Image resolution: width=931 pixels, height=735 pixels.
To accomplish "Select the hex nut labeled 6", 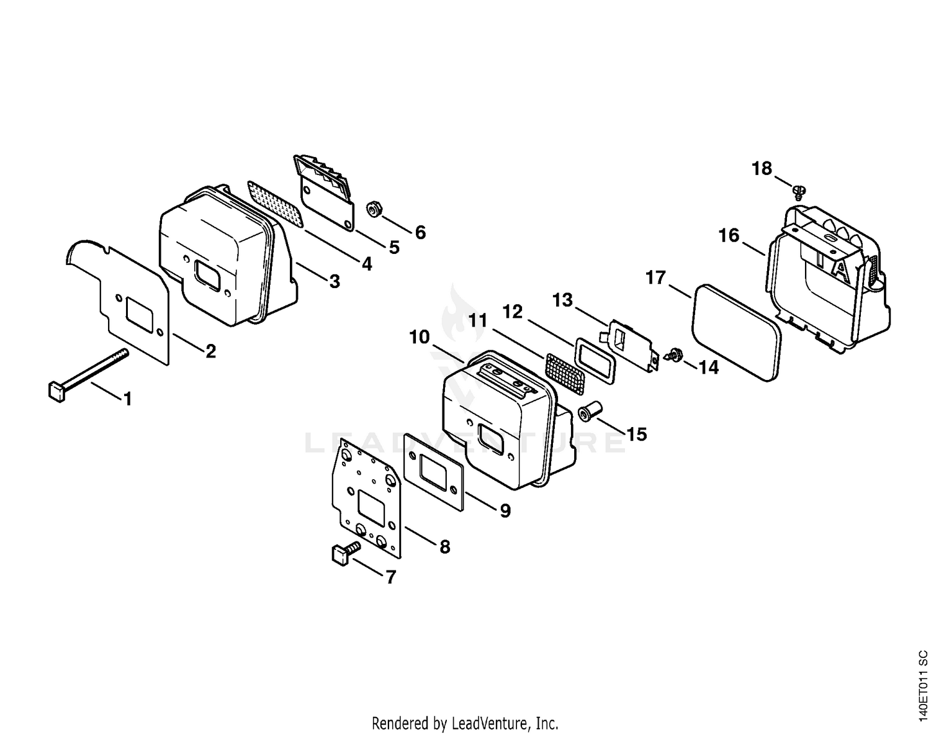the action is [x=374, y=210].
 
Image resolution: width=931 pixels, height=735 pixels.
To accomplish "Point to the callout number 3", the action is [x=335, y=281].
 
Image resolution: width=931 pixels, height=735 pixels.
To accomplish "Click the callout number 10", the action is [x=419, y=336].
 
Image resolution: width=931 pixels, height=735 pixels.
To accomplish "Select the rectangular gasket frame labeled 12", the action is [x=595, y=361].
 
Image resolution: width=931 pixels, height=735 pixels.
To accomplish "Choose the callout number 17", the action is [x=655, y=277].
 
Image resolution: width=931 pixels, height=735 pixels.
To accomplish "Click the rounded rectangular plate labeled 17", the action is [x=737, y=333].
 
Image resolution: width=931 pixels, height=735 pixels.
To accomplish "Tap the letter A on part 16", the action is [x=840, y=271].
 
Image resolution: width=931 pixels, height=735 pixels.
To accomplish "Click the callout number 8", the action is [x=445, y=547].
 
